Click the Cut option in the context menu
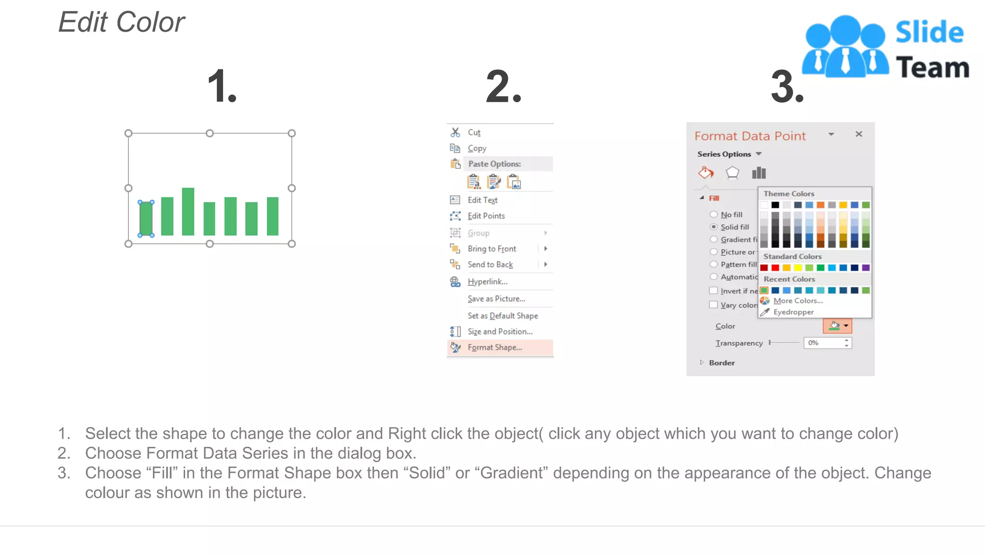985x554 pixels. (x=474, y=132)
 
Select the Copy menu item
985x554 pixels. (x=477, y=148)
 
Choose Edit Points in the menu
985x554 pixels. (x=486, y=216)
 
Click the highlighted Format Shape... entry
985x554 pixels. (x=494, y=347)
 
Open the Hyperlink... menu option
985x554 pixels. (x=487, y=282)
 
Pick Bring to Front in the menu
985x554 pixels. (x=492, y=249)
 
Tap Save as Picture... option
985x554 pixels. (x=496, y=299)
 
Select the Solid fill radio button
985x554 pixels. (x=714, y=227)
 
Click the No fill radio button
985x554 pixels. (x=714, y=214)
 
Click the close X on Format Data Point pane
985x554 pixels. (x=859, y=134)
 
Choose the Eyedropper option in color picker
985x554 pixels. (x=793, y=312)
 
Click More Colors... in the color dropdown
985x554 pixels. (x=797, y=301)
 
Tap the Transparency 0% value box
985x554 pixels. (x=823, y=343)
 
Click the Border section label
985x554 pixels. (x=721, y=363)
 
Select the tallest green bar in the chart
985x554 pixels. (x=188, y=212)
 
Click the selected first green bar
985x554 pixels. (x=146, y=218)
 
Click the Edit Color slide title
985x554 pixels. (x=122, y=22)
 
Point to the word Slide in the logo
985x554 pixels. (x=929, y=33)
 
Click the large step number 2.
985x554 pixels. (x=503, y=87)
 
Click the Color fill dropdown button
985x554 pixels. (x=837, y=326)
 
